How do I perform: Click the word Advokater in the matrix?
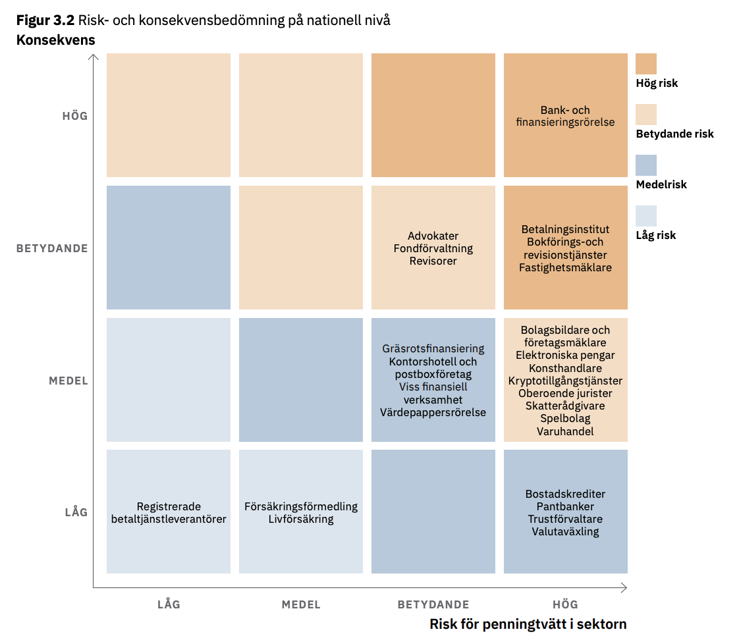tap(433, 236)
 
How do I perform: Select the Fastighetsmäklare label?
tap(565, 267)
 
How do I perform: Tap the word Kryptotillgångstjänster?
tap(565, 381)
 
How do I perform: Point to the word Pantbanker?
tap(565, 506)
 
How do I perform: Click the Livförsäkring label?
tap(301, 519)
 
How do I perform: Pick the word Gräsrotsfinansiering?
tap(433, 349)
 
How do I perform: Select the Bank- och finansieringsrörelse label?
tap(565, 116)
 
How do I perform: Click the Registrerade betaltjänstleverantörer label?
tap(169, 513)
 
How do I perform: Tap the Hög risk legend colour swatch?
tap(645, 64)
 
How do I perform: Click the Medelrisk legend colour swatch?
tap(645, 165)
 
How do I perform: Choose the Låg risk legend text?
tap(655, 235)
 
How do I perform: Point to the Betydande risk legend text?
tap(674, 134)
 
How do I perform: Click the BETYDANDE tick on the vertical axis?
tap(52, 248)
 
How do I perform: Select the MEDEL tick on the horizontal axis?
tap(301, 604)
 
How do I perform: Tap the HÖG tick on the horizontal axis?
tap(565, 604)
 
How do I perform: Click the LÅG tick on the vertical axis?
tap(76, 512)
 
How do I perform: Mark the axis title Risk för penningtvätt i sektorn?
tap(528, 624)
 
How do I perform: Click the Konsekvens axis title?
tap(55, 40)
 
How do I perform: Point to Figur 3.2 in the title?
tap(45, 20)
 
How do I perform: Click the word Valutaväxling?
tap(565, 531)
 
